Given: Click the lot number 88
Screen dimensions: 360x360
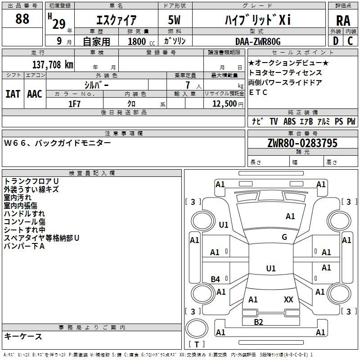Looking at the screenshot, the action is point(22,19).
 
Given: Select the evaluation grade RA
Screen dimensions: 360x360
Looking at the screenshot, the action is point(343,21).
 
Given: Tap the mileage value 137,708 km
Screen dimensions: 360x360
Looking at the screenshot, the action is point(53,65).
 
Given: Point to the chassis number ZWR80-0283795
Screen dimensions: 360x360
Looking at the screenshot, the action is point(302,143).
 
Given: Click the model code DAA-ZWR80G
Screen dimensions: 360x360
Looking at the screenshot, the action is point(258,41).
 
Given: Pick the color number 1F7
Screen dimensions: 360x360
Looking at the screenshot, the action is point(74,104).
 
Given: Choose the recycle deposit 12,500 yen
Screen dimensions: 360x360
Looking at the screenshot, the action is point(228,104).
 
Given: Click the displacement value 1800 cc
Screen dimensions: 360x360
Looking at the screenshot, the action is point(141,41).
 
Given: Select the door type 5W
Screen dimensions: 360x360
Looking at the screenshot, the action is point(174,20).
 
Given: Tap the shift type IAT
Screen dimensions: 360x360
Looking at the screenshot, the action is point(13,94).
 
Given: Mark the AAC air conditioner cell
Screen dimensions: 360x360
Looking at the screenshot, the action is point(35,94).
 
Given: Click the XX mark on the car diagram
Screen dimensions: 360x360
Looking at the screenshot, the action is point(288,299).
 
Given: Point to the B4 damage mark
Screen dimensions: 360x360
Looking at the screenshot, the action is point(215,279).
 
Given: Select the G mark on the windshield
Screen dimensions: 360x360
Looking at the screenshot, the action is point(284,237).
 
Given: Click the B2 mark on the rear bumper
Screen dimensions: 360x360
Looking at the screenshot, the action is point(258,322).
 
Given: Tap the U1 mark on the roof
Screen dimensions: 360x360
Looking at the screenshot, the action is point(271,268).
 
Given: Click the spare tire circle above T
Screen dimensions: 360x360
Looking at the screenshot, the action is point(197,328).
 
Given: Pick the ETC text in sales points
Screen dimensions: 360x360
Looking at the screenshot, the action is point(258,92).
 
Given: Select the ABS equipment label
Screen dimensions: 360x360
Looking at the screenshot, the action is point(289,121).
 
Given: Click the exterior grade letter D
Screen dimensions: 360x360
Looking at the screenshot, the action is point(336,41).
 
